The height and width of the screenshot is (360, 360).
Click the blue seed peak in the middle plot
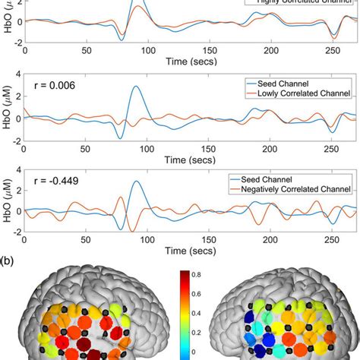coord(136,87)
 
